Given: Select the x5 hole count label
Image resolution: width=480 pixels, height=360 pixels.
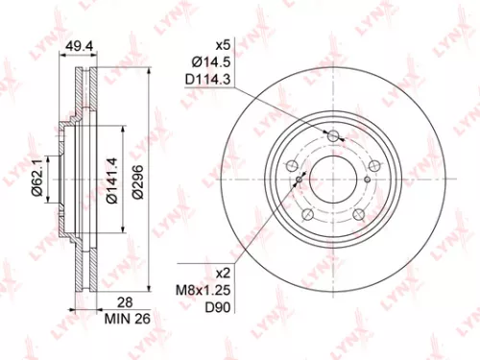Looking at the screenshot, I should (225, 43).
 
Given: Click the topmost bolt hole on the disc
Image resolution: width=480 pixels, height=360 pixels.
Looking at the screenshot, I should (334, 138).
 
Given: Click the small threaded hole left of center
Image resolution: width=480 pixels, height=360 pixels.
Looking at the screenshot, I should (300, 179).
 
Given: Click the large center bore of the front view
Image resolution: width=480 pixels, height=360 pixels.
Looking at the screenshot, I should (334, 180).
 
